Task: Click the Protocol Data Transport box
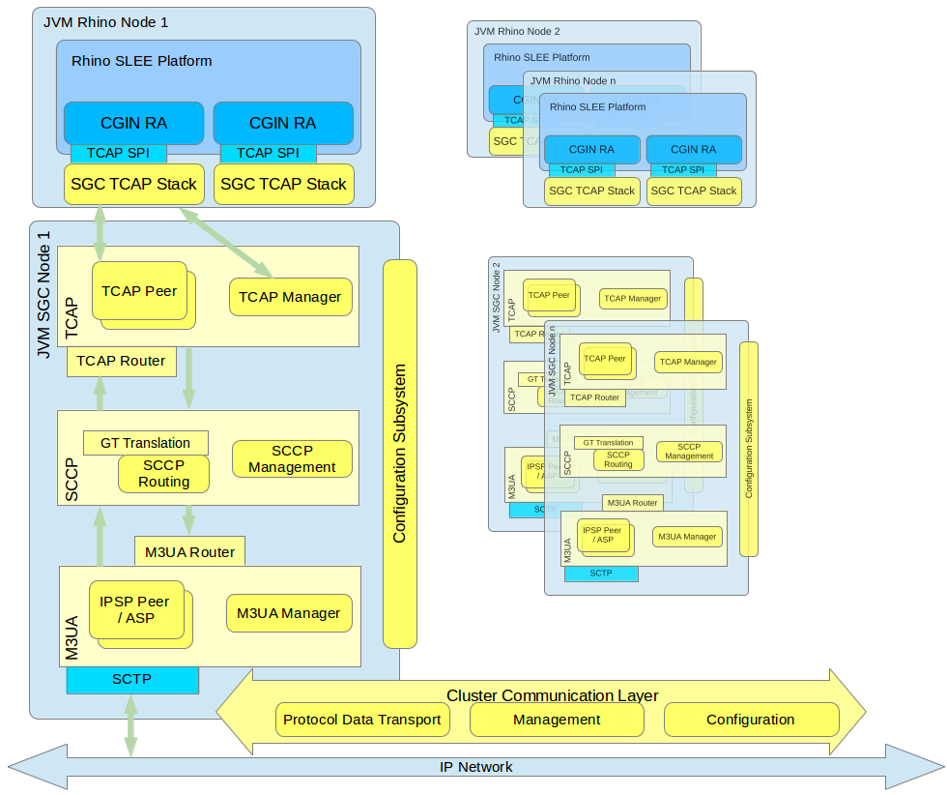[362, 720]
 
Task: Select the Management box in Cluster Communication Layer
[557, 720]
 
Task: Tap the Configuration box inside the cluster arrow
[750, 720]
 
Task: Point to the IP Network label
[475, 767]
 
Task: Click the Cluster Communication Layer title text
[552, 695]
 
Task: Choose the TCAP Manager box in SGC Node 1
[290, 297]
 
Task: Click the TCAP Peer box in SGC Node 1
[139, 290]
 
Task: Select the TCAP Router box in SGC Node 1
[121, 361]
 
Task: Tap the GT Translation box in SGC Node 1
[145, 443]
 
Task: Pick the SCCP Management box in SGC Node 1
[291, 459]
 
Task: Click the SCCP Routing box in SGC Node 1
[163, 473]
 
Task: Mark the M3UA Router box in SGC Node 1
[189, 552]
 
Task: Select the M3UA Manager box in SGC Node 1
[288, 613]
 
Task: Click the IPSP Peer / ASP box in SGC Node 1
[134, 609]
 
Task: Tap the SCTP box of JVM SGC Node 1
[132, 680]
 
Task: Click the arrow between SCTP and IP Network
[129, 725]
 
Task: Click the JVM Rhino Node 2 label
[517, 31]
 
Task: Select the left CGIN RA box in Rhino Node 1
[133, 123]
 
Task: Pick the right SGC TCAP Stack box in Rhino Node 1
[283, 184]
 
